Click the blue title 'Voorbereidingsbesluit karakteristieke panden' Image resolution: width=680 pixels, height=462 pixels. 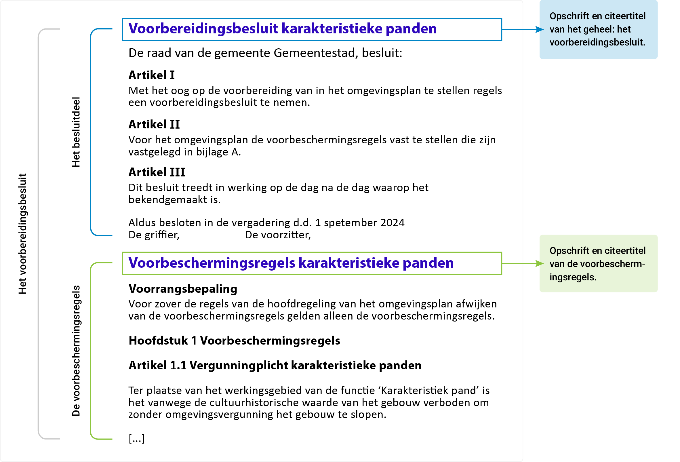coord(282,29)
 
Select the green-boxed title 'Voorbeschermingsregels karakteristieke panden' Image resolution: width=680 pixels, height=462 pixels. coord(291,263)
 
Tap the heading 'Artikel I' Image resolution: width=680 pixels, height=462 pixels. coord(151,75)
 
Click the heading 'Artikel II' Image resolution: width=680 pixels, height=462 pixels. coord(154,124)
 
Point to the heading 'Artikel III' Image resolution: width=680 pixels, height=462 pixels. coord(157,172)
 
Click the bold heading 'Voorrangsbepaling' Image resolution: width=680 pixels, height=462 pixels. coord(182,289)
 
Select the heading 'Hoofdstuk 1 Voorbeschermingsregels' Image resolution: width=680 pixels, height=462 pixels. coord(234,341)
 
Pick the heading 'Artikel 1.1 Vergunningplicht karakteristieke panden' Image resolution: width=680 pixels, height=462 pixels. coord(275,366)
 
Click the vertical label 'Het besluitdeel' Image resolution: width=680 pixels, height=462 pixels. coord(76,132)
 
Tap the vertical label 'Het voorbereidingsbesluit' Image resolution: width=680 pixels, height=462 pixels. coord(22,234)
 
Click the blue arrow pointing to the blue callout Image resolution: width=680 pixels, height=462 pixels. coord(522,30)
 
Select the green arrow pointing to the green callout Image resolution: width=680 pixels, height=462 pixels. coord(522,264)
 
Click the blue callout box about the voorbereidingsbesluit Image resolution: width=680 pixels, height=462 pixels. coord(598,29)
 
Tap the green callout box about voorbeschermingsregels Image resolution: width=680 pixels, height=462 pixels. coord(598,264)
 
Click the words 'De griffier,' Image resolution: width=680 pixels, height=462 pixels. coord(154,235)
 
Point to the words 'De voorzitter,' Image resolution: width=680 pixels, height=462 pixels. coord(278,235)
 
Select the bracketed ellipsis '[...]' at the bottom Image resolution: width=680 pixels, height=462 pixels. coord(136,438)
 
